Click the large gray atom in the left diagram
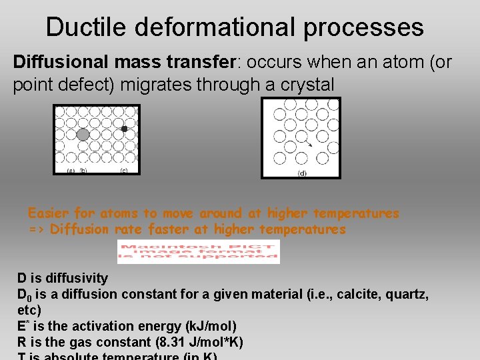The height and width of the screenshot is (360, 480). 83,134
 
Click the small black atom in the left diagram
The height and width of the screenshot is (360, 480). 124,129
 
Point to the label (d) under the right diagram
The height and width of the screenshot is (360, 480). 302,173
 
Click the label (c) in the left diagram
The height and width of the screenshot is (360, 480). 124,171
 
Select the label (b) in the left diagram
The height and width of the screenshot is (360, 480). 83,171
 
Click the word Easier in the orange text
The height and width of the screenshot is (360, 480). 48,213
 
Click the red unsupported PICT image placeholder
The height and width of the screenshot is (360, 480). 198,251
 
